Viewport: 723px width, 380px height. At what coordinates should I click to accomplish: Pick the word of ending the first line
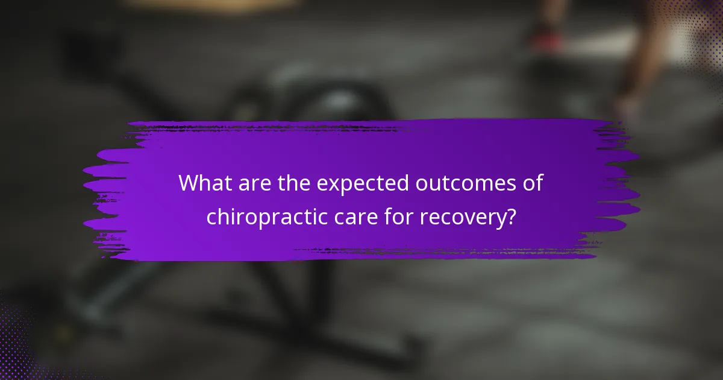pos(531,183)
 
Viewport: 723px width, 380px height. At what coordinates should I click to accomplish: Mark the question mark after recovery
pos(510,217)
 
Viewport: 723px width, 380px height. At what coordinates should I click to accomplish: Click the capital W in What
pos(189,183)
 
